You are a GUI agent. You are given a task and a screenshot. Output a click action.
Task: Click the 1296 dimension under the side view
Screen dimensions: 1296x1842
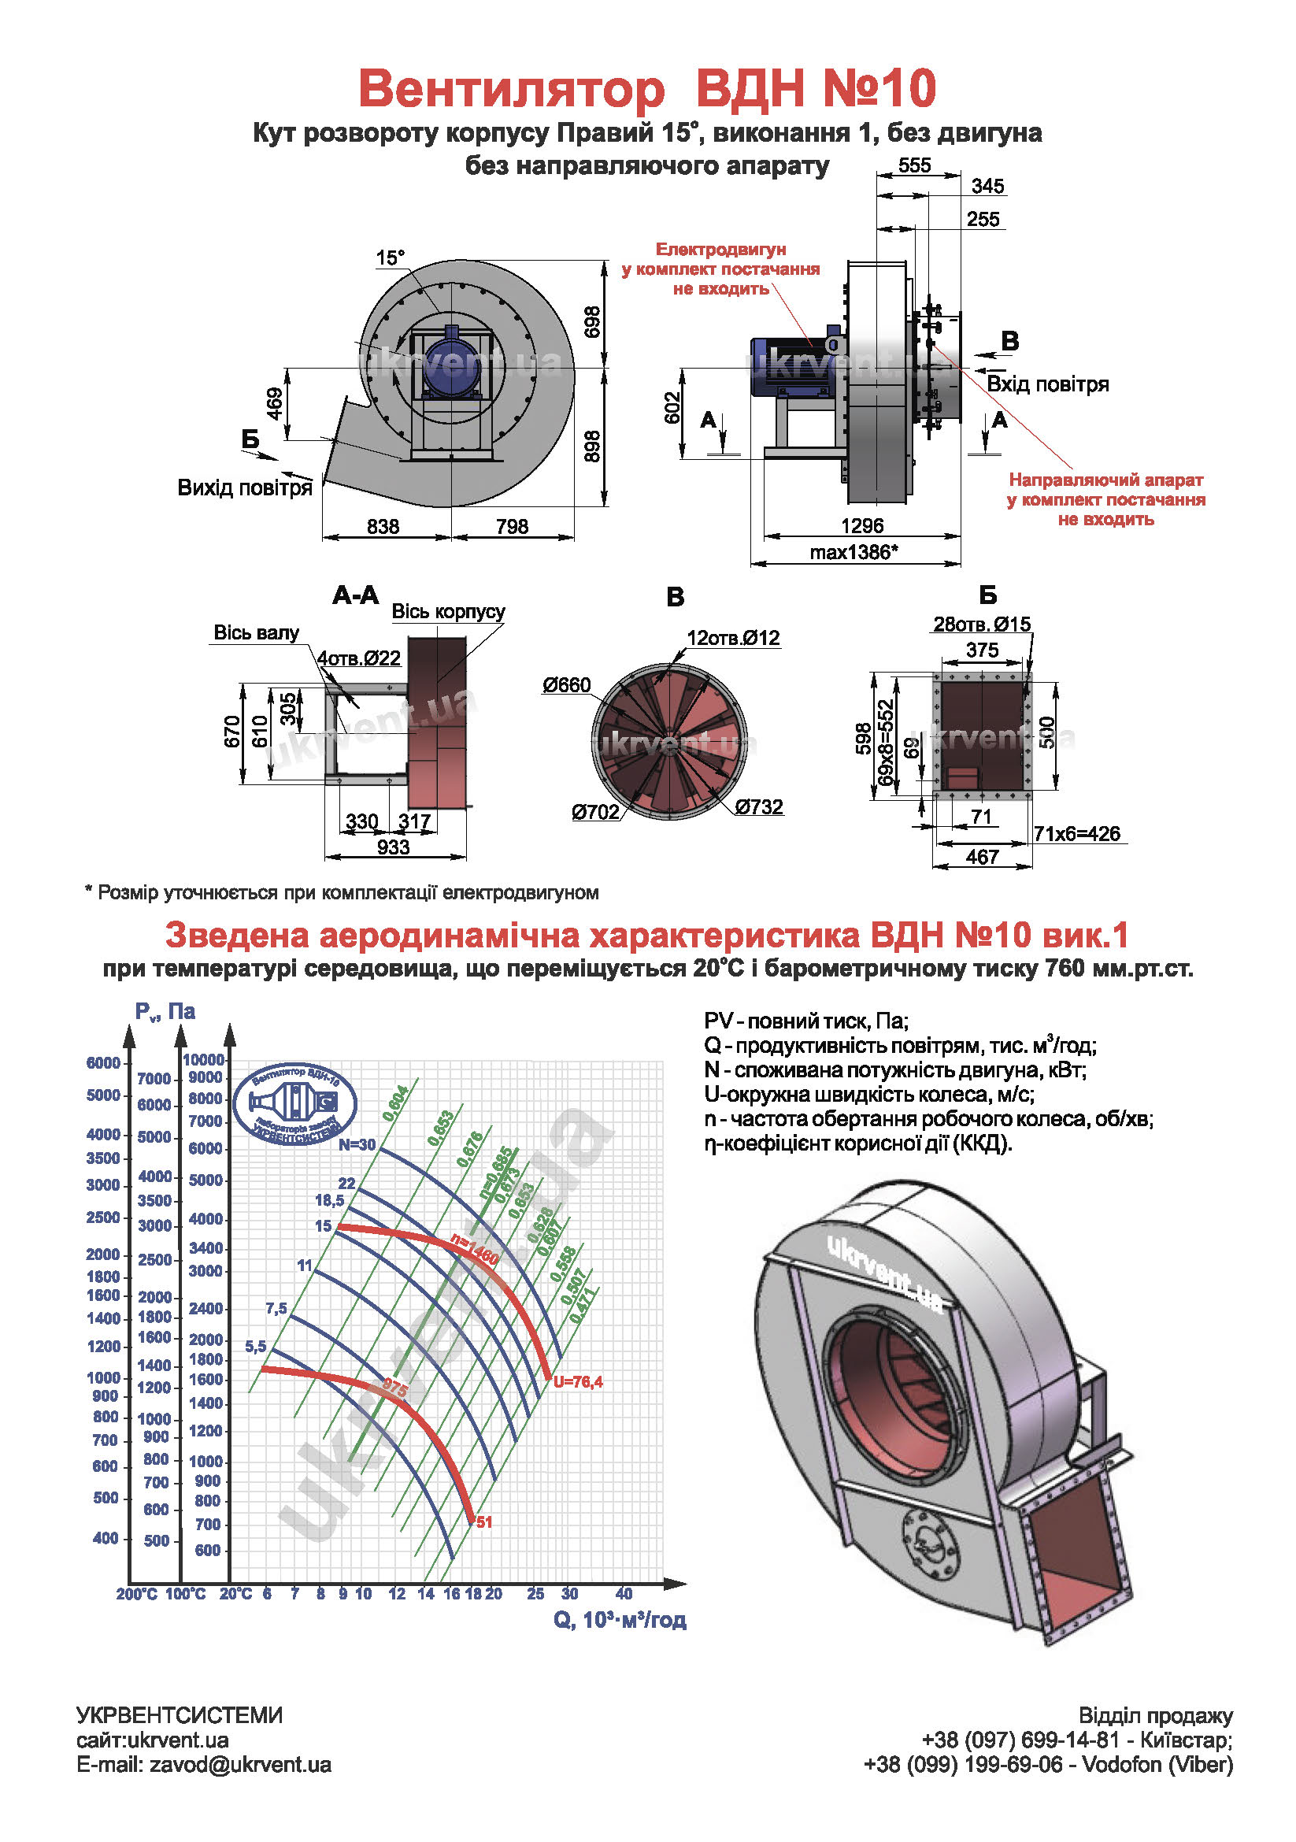pos(862,525)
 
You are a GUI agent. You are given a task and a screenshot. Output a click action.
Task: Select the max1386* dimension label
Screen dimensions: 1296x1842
pos(854,552)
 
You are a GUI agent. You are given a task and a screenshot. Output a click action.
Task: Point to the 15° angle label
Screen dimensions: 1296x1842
pos(391,258)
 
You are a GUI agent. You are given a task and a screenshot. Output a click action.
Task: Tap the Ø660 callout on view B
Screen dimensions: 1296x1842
pos(566,684)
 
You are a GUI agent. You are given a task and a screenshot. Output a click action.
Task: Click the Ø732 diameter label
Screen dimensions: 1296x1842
pos(759,806)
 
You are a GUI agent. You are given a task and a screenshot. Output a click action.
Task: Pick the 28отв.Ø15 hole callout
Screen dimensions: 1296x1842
pos(982,624)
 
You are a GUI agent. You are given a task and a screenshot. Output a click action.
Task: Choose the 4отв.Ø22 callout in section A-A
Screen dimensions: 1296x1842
pos(358,658)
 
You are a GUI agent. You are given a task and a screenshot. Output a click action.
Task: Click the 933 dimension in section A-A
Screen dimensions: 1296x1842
pos(393,847)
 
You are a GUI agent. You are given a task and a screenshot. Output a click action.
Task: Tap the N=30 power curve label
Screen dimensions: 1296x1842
pos(357,1144)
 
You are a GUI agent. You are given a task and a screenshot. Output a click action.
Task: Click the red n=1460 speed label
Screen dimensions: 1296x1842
pos(474,1249)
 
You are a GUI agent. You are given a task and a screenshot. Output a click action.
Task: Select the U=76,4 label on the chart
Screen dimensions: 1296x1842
pos(577,1381)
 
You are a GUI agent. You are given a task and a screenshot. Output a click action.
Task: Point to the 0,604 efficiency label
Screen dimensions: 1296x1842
pos(395,1104)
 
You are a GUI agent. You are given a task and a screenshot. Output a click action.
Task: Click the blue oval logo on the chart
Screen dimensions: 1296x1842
pos(294,1104)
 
